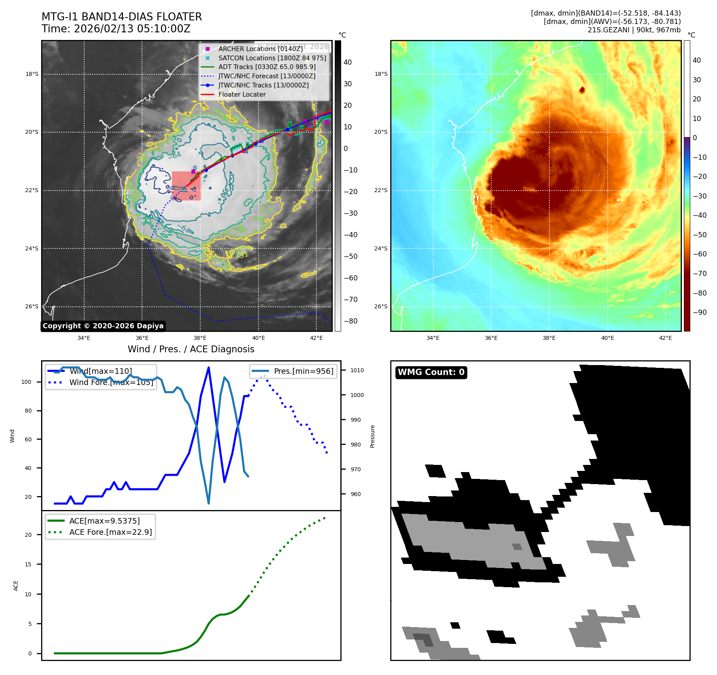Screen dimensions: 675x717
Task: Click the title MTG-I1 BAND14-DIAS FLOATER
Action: point(122,17)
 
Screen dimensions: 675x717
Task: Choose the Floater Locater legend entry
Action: point(242,94)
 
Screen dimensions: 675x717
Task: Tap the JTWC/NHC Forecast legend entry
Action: point(267,76)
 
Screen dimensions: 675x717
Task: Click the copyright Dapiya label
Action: point(103,326)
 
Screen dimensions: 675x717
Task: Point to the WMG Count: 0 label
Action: point(431,372)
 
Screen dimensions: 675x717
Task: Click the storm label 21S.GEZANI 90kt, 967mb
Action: point(634,30)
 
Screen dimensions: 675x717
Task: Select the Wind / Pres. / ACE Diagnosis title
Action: point(191,349)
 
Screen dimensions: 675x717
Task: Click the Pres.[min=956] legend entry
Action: point(303,371)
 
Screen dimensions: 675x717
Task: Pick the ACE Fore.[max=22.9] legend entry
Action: point(111,532)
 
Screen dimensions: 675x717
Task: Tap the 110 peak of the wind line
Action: point(209,367)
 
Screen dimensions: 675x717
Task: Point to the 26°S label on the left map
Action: point(32,307)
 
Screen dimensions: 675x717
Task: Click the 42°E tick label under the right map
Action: point(665,338)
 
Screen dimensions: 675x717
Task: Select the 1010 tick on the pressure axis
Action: point(357,370)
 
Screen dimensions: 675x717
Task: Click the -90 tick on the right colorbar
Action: point(699,312)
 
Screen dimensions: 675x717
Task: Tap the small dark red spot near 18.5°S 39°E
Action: point(582,89)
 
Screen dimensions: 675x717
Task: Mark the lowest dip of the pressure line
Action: point(209,503)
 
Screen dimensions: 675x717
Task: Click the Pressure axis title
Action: point(372,436)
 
